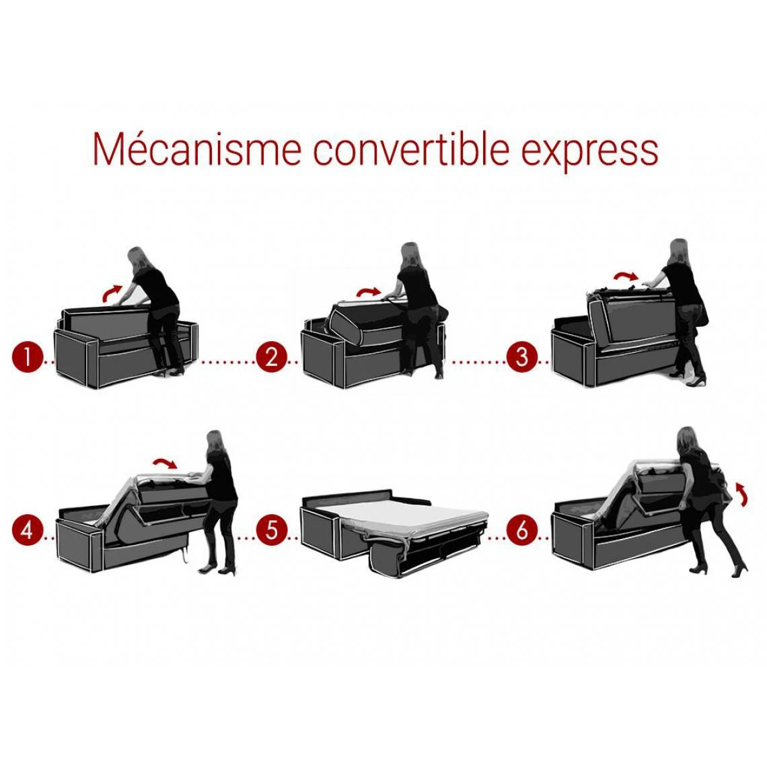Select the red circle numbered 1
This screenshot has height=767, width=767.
26,357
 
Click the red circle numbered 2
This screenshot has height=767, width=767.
271,357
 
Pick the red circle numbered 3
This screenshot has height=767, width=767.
522,357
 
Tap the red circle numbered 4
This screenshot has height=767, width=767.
26,530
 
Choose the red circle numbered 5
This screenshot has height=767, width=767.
271,530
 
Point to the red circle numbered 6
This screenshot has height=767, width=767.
522,530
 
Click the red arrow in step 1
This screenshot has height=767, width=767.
112,293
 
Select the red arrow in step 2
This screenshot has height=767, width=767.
368,291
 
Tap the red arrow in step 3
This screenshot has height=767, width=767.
626,276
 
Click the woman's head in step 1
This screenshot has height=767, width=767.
138,258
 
